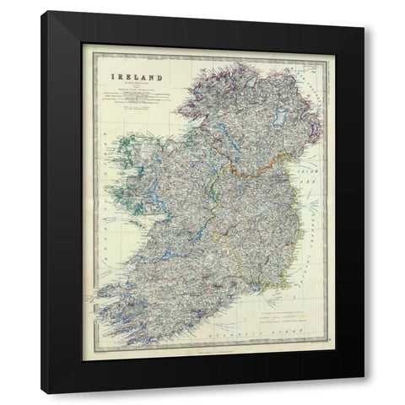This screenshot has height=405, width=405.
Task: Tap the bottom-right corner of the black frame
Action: click(x=364, y=393)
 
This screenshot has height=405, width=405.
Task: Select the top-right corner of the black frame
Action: click(x=364, y=12)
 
